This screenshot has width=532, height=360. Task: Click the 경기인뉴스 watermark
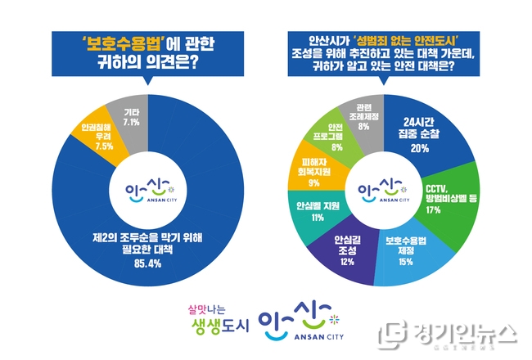(x=450, y=334)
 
